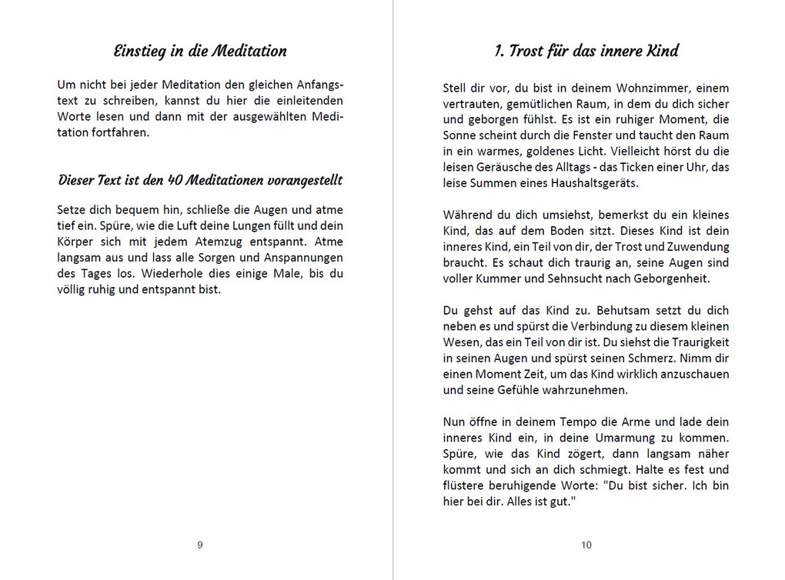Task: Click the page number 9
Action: pos(200,545)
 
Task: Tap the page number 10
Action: pos(586,545)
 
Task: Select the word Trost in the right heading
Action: pos(526,52)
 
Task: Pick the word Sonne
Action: pos(459,135)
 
